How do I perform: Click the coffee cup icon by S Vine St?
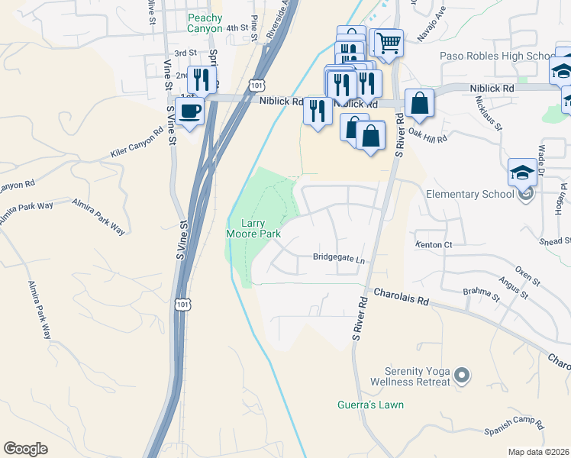(190, 110)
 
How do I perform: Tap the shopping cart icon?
(389, 43)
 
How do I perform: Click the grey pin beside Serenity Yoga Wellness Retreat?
(460, 375)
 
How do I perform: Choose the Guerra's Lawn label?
(370, 405)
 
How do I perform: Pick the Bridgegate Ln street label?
(339, 258)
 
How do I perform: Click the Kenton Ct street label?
(434, 245)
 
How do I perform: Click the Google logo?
(25, 449)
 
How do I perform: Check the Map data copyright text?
(539, 452)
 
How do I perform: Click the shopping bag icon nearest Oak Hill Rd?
(419, 103)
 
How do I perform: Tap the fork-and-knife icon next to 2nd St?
(201, 79)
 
